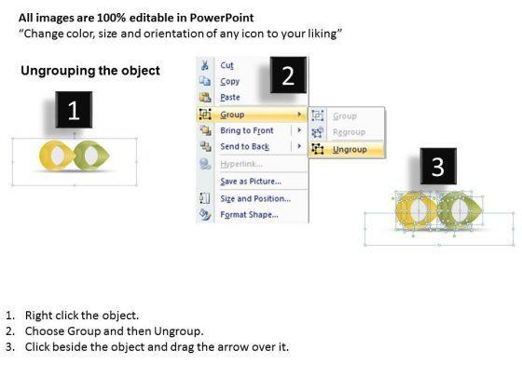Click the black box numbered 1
(74, 110)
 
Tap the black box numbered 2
(288, 74)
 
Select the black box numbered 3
(438, 167)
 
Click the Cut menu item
(227, 65)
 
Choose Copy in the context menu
(229, 81)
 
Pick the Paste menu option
(230, 97)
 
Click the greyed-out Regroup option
(349, 132)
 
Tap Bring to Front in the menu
(247, 130)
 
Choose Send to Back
(244, 146)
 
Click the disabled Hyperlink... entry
(241, 164)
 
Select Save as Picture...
(251, 182)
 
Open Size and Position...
(255, 198)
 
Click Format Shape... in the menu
(250, 214)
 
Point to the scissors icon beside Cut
(205, 65)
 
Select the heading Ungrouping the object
(90, 71)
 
